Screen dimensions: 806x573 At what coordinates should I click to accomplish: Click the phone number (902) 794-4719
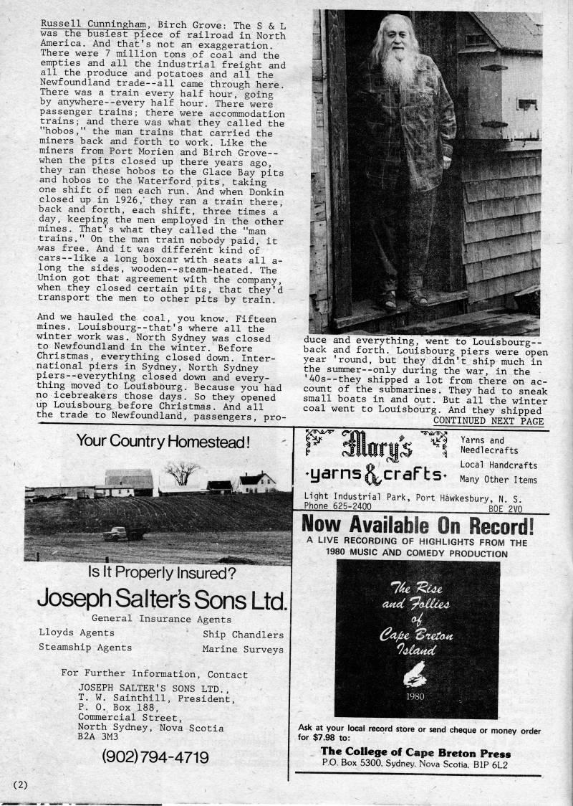coord(155,757)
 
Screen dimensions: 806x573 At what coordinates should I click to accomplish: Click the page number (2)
coord(19,784)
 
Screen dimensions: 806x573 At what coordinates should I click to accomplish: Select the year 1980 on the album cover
coord(418,695)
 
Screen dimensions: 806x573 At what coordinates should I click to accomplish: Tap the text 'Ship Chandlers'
coord(243,634)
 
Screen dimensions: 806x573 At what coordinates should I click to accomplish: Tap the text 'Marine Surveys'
coord(243,649)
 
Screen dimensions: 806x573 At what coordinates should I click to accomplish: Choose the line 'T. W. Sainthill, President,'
coord(155,696)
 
